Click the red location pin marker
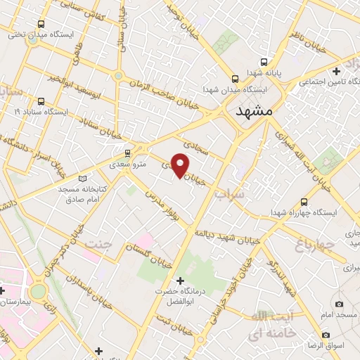click(x=181, y=165)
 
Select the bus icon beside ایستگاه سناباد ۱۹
click(x=41, y=101)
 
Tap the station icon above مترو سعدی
click(x=127, y=153)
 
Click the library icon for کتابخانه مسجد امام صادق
click(x=86, y=179)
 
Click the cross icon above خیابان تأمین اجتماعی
click(x=337, y=71)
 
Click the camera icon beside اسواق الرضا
click(x=325, y=335)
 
